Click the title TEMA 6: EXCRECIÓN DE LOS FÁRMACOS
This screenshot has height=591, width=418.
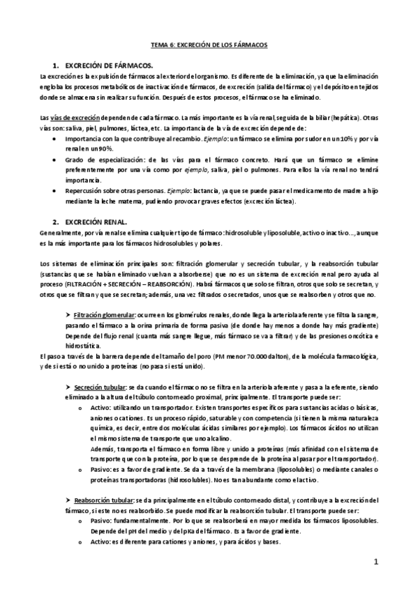[x=209, y=44]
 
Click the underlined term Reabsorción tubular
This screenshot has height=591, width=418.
[x=102, y=500]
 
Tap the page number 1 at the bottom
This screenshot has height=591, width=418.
[x=375, y=562]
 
